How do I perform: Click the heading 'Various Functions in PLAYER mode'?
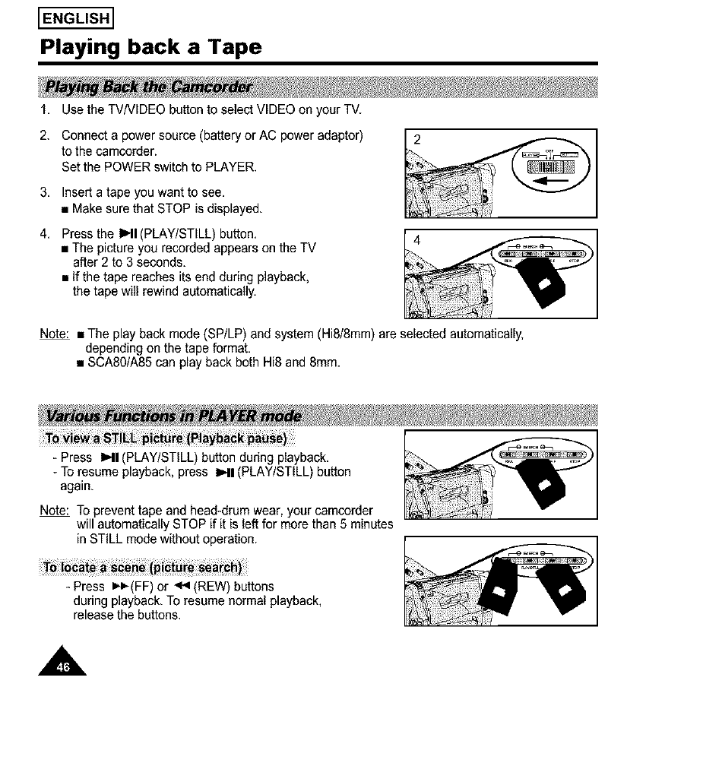[x=173, y=416]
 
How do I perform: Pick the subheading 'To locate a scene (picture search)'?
[x=142, y=569]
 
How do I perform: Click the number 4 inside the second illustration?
[x=416, y=240]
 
